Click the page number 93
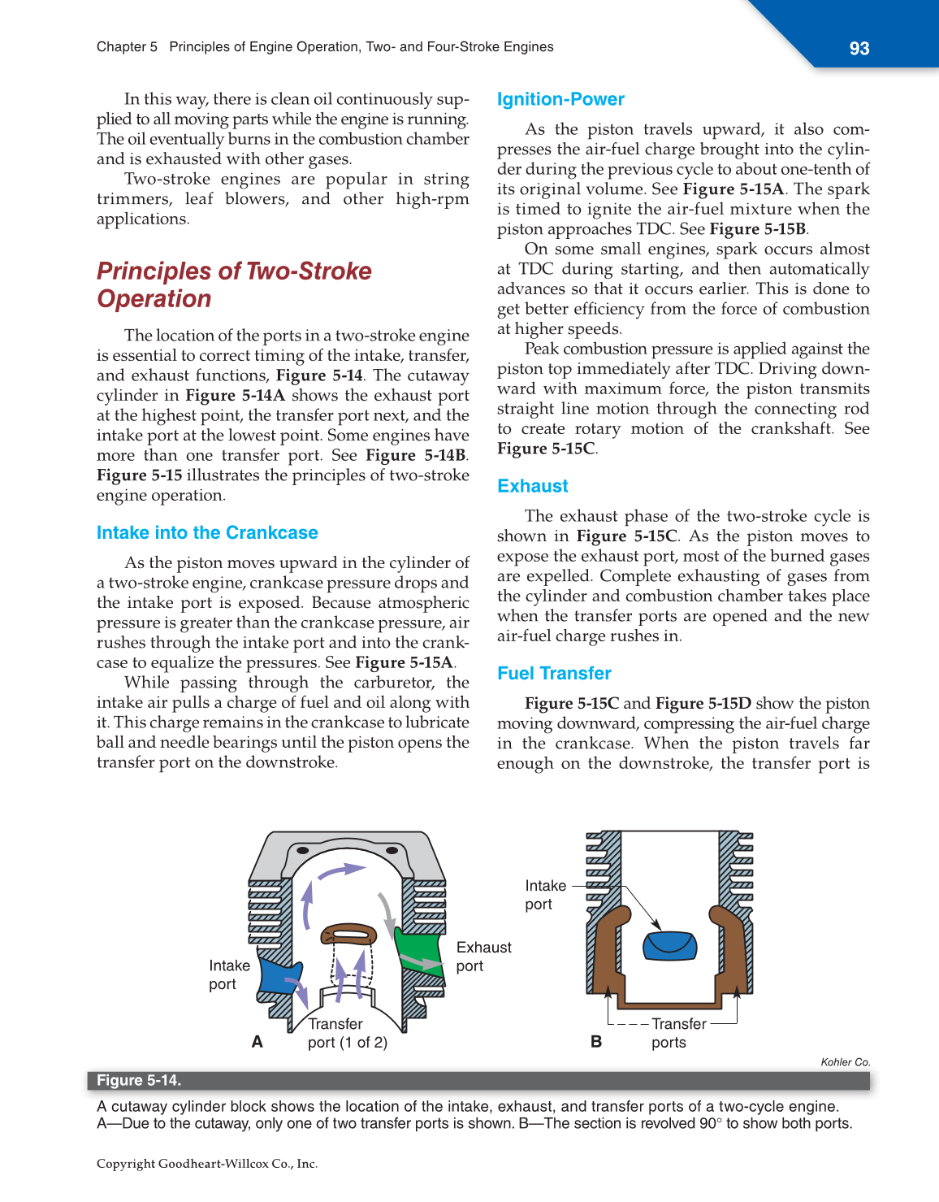click(x=859, y=49)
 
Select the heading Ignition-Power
click(x=560, y=100)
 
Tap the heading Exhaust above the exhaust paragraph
click(x=532, y=486)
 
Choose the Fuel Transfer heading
click(x=554, y=673)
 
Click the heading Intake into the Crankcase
click(x=207, y=533)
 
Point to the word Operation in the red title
click(x=154, y=299)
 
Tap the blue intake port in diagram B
click(x=670, y=945)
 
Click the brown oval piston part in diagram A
click(x=349, y=932)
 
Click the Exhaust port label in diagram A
click(x=483, y=957)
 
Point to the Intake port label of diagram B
click(x=545, y=895)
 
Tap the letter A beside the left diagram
click(x=257, y=1042)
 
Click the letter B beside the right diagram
click(x=596, y=1042)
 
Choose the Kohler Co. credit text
click(x=845, y=1062)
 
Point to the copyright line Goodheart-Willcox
click(x=207, y=1164)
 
